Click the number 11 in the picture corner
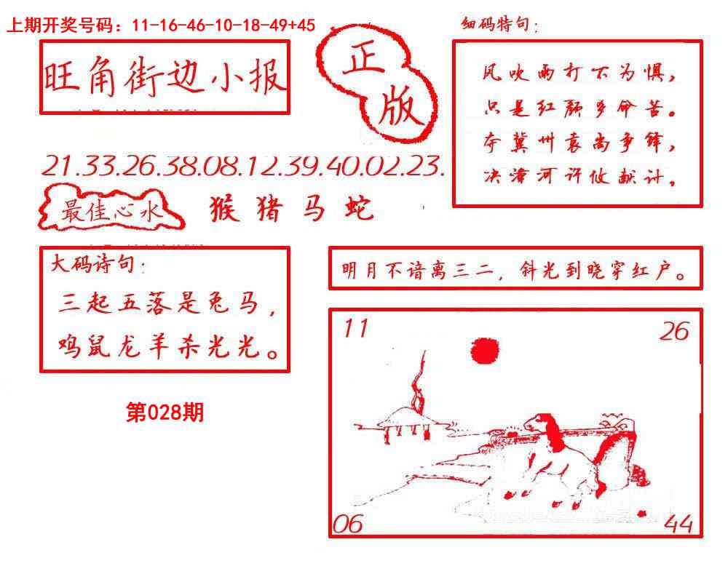[356, 330]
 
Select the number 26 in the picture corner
[674, 332]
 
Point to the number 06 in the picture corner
[347, 524]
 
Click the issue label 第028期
[165, 413]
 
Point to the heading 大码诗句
[95, 265]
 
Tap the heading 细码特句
[499, 26]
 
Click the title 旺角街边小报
[165, 77]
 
